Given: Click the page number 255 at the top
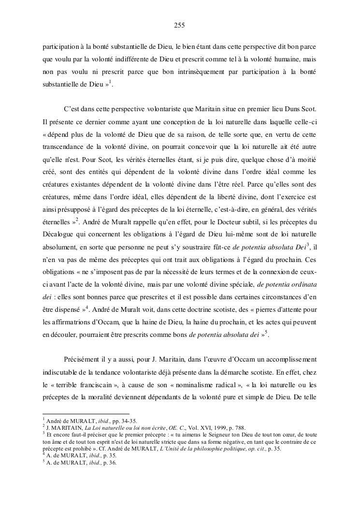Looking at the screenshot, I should pyautogui.click(x=180, y=25).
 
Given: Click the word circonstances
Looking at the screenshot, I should pyautogui.click(x=280, y=296).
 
